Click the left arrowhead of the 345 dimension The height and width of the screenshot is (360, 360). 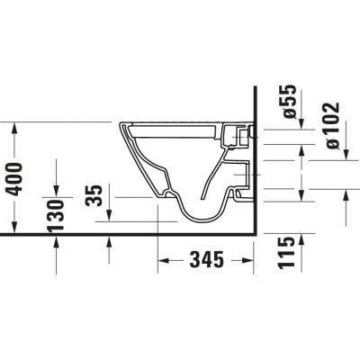(x=163, y=262)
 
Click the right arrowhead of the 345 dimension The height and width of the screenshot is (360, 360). (x=253, y=262)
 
